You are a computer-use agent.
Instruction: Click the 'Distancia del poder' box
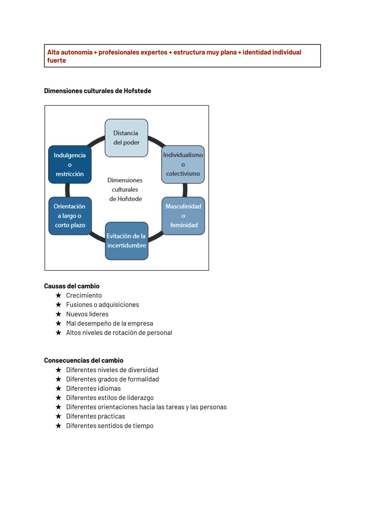pos(126,138)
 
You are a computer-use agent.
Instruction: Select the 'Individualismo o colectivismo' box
pos(183,164)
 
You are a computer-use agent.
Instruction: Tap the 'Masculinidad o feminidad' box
pos(183,216)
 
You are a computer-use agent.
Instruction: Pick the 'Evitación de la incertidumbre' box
pos(126,241)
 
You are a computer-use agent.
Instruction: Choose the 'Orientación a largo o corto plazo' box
pos(70,216)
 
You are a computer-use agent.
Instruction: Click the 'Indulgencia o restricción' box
pos(70,164)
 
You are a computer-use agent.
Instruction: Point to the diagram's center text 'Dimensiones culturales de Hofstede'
pos(125,189)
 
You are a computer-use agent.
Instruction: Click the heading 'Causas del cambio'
pos(72,286)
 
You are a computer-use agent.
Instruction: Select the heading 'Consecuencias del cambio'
pos(83,360)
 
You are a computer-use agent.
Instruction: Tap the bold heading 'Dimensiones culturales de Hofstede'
pos(97,91)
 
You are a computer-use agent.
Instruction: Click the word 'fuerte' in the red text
pos(56,61)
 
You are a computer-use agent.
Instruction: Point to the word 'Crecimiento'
pos(84,295)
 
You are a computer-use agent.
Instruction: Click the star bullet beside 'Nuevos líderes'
pos(58,314)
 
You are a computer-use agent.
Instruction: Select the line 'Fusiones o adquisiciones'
pos(102,305)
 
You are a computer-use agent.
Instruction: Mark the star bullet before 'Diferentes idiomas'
pos(58,388)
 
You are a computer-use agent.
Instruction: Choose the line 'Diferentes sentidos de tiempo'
pos(109,426)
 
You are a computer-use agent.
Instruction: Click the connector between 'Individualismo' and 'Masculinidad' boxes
pos(185,190)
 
